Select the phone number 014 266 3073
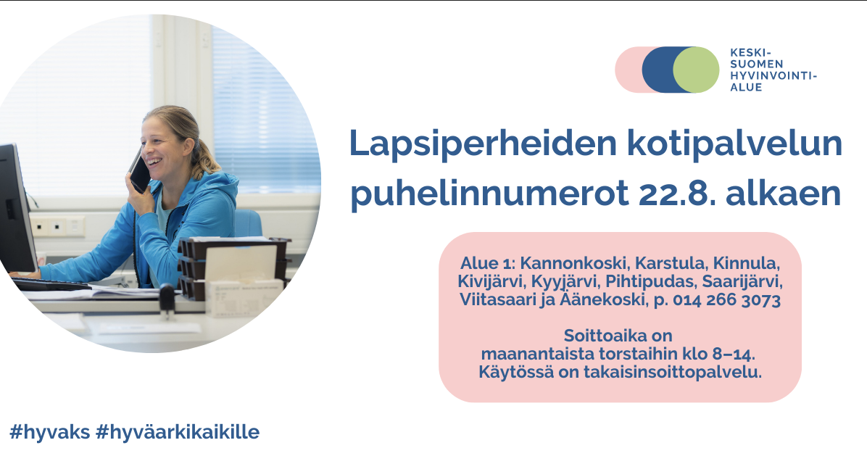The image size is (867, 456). (726, 299)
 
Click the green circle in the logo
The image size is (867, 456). (696, 70)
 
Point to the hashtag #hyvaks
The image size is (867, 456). (50, 431)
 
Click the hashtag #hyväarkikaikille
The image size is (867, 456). (178, 431)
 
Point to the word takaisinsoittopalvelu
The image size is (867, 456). (673, 372)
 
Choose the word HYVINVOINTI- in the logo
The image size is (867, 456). (773, 75)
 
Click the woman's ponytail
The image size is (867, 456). (207, 157)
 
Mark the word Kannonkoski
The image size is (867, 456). (575, 263)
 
